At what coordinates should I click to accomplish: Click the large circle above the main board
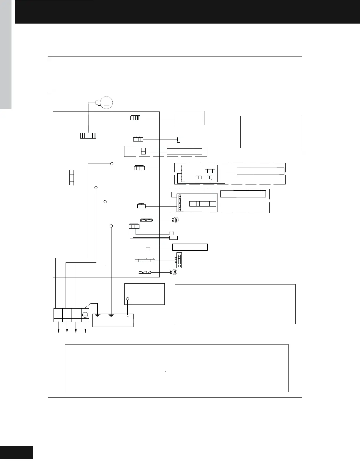pyautogui.click(x=107, y=102)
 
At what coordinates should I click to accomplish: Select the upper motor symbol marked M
pyautogui.click(x=176, y=220)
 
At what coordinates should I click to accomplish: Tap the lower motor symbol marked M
pyautogui.click(x=174, y=272)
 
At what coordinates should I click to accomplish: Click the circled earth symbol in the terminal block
pyautogui.click(x=85, y=315)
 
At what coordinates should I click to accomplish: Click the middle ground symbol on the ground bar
pyautogui.click(x=111, y=316)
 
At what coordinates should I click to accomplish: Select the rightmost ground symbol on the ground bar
pyautogui.click(x=128, y=316)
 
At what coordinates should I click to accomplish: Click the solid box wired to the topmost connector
pyautogui.click(x=189, y=118)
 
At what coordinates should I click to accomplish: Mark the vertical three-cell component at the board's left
pyautogui.click(x=71, y=177)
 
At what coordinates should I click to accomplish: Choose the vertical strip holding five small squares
pyautogui.click(x=179, y=260)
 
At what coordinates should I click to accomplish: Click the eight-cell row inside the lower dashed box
pyautogui.click(x=203, y=204)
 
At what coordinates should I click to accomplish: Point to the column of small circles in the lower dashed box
pyautogui.click(x=180, y=203)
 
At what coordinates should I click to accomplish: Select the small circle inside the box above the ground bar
pyautogui.click(x=128, y=299)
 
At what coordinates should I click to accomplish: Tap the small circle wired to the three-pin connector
pyautogui.click(x=171, y=233)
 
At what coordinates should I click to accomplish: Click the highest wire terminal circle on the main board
pyautogui.click(x=112, y=164)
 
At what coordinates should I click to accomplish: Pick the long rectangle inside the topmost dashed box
pyautogui.click(x=184, y=151)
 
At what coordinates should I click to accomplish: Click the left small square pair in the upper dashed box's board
pyautogui.click(x=199, y=177)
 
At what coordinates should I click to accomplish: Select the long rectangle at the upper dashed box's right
pyautogui.click(x=260, y=171)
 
